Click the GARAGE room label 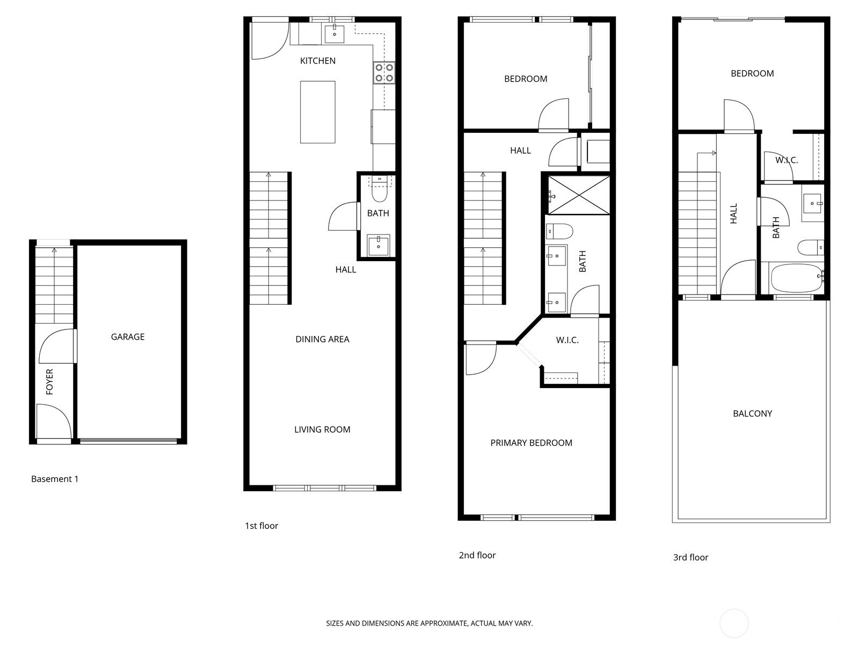click(128, 337)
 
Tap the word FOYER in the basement click(49, 382)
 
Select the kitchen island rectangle click(318, 112)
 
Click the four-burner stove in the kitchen click(384, 73)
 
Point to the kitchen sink click(334, 34)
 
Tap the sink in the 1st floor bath click(378, 245)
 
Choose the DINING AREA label click(323, 339)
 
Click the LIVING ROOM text click(323, 429)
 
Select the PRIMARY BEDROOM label click(532, 442)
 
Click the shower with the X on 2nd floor click(579, 195)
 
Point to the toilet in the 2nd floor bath click(559, 231)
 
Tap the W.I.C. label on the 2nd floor click(567, 340)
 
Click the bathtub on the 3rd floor click(796, 278)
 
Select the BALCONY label click(752, 413)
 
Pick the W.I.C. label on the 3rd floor click(787, 160)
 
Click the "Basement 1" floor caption click(55, 479)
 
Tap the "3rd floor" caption click(691, 557)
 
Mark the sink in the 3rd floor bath click(813, 204)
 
